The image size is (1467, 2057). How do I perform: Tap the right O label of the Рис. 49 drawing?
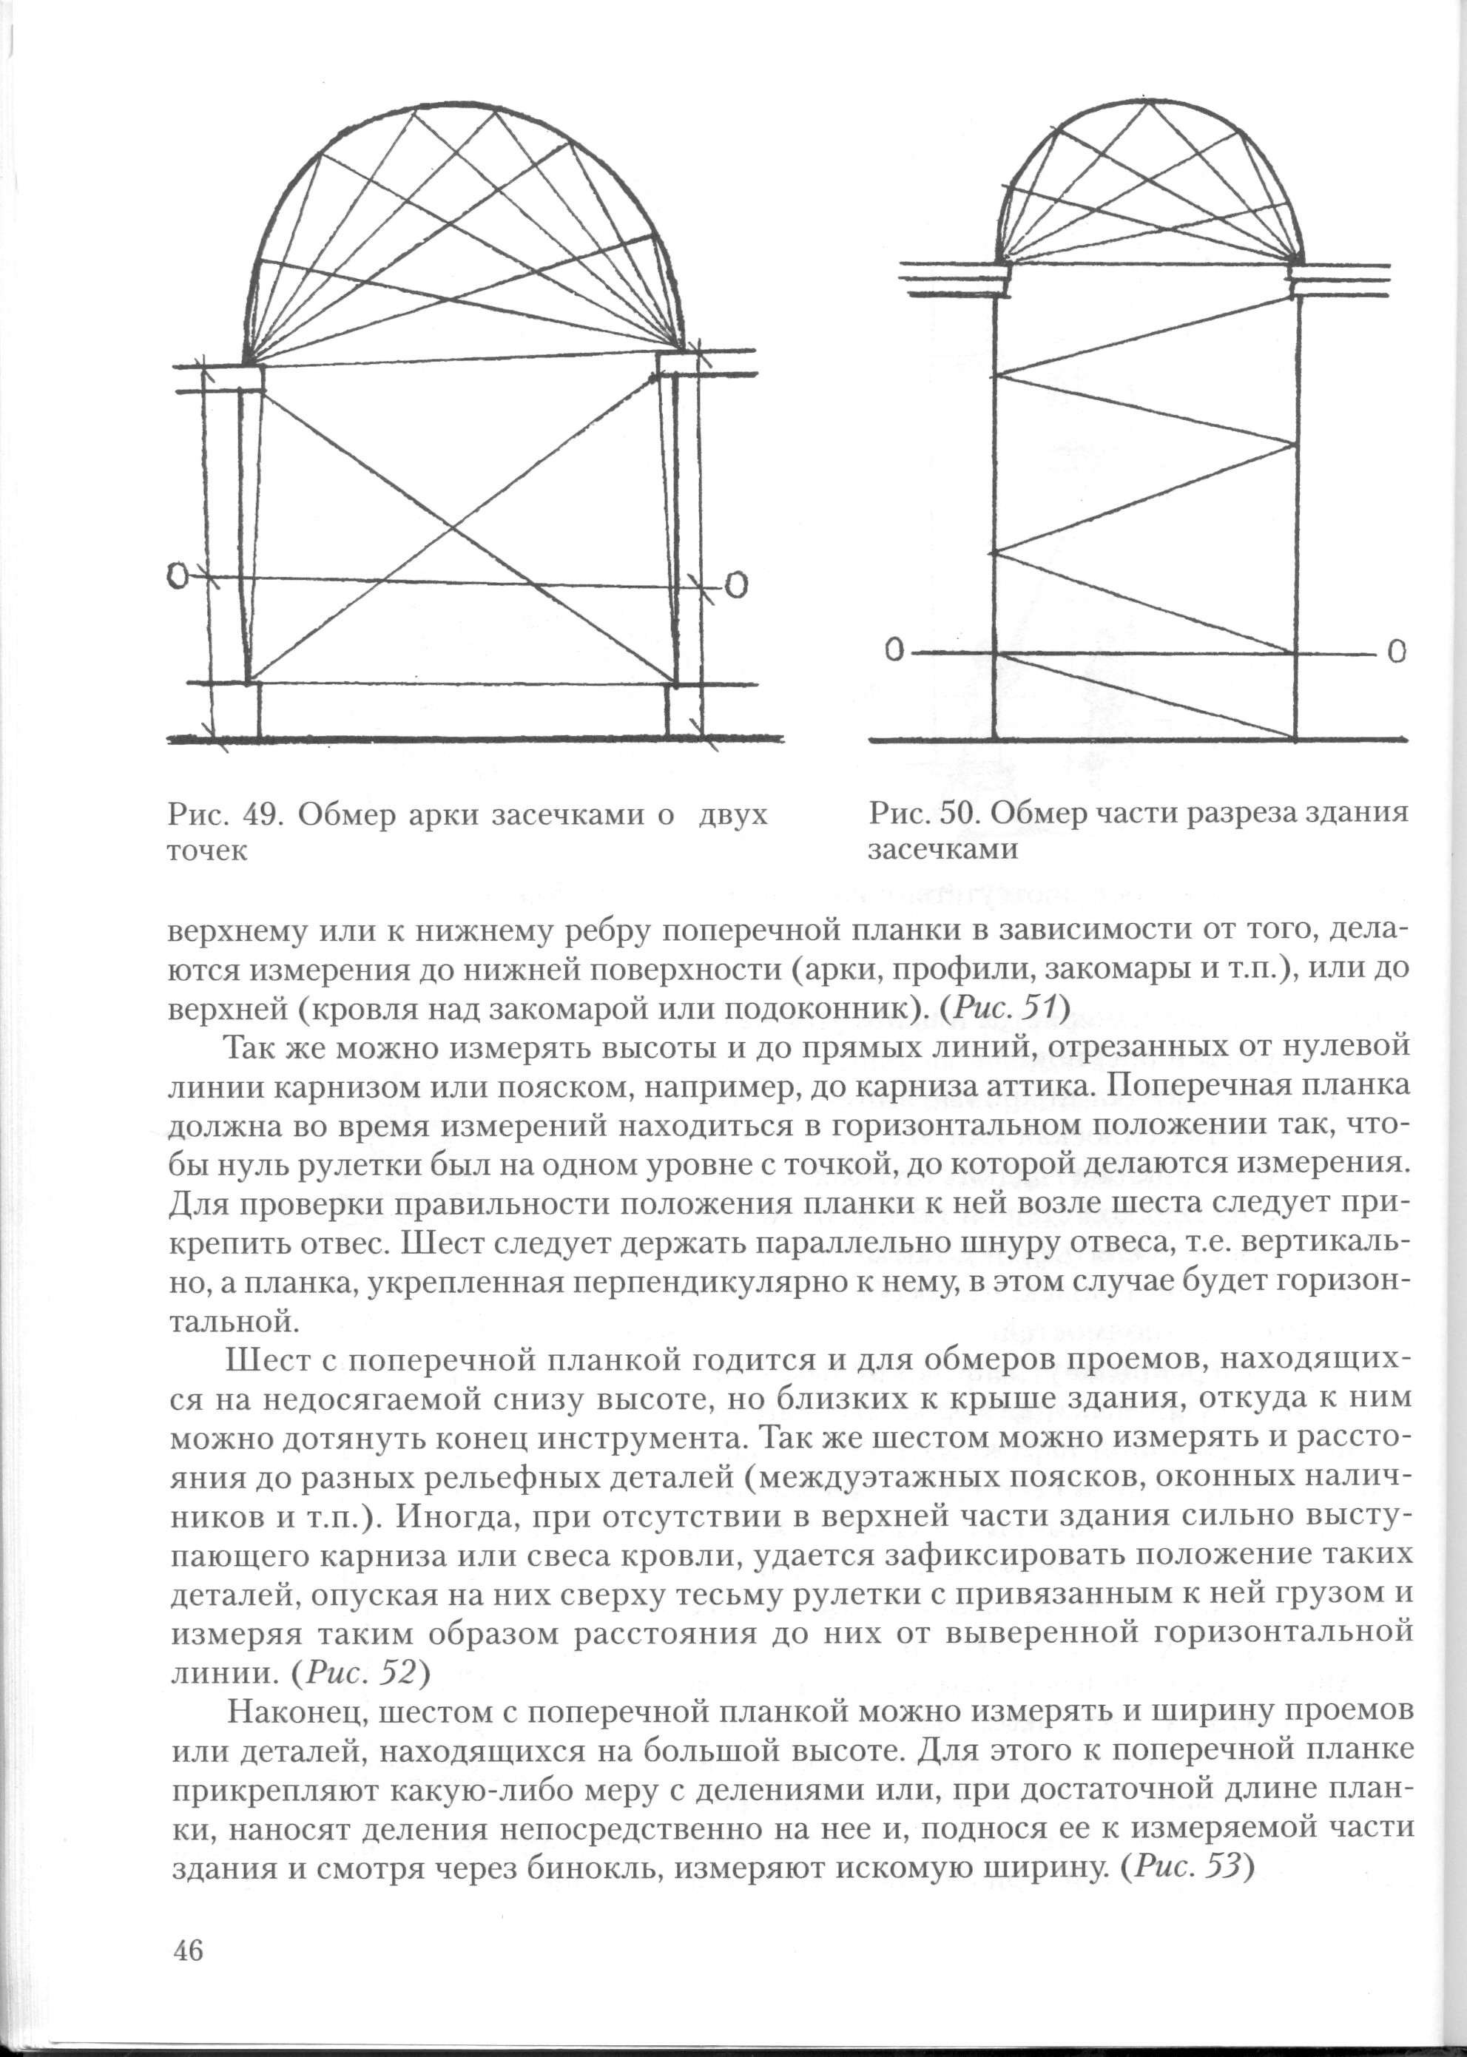tap(736, 586)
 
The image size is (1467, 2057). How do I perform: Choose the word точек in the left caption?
tap(207, 851)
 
